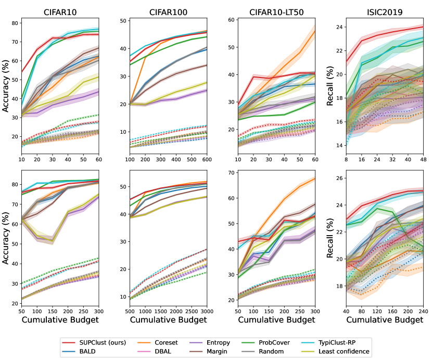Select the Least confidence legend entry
coord(344,352)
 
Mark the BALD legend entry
coord(88,352)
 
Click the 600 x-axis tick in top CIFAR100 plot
coord(206,158)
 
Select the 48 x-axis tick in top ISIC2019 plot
coord(422,158)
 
